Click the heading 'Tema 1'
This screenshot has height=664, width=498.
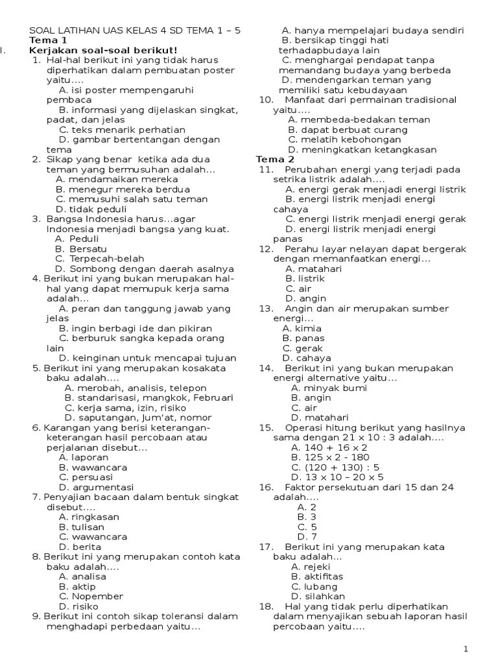tap(47, 40)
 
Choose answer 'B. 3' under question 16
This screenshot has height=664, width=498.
tap(307, 517)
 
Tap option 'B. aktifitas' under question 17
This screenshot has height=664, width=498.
tap(317, 576)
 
